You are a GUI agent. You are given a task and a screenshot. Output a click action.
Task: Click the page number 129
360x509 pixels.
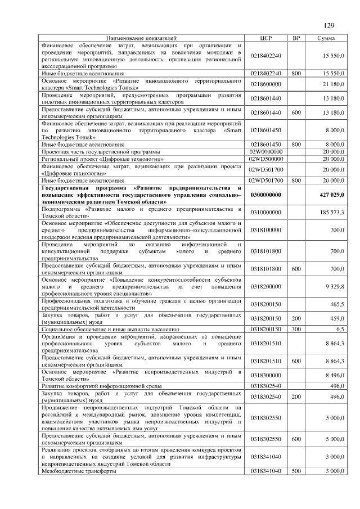tap(329, 25)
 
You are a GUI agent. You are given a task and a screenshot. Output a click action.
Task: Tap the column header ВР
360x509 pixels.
tap(296, 38)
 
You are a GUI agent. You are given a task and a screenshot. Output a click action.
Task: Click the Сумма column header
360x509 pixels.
tap(326, 38)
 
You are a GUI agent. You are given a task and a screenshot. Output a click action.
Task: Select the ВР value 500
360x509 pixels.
tap(296, 471)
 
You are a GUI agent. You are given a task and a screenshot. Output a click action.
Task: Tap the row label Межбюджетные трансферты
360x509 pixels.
tap(79, 471)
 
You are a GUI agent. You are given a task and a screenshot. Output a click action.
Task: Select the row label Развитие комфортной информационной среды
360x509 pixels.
tap(102, 386)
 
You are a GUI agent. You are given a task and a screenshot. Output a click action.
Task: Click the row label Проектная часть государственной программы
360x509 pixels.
tap(101, 152)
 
